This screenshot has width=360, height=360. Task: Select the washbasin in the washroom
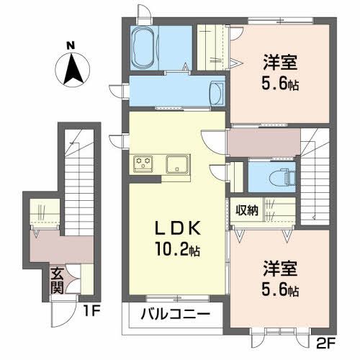pos(215,92)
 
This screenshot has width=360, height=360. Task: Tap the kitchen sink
pos(176,163)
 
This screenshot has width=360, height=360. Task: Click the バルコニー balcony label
pos(175,315)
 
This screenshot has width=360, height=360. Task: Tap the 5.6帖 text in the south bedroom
pos(276,291)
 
